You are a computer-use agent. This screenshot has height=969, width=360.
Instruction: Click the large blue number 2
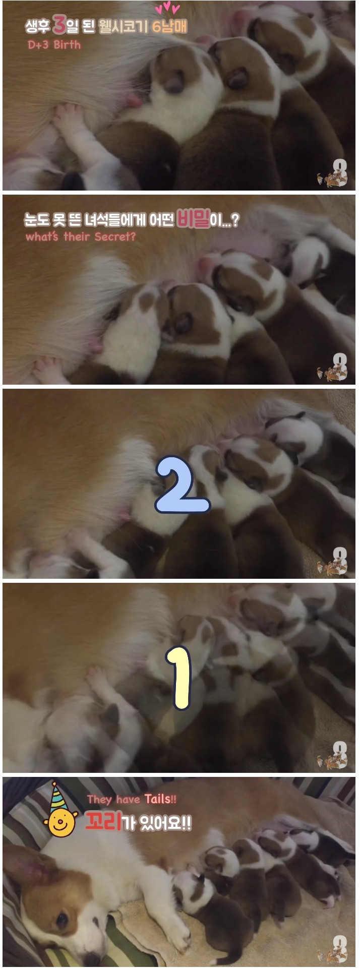pyautogui.click(x=182, y=485)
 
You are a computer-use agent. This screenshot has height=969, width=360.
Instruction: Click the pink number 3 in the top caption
pyautogui.click(x=59, y=24)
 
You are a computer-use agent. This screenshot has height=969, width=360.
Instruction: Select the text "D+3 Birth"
pyautogui.click(x=54, y=44)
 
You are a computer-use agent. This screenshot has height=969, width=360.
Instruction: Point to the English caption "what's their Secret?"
pyautogui.click(x=81, y=236)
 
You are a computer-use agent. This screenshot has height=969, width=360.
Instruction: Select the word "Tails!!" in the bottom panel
pyautogui.click(x=160, y=799)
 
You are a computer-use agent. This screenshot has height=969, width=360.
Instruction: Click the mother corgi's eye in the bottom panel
pyautogui.click(x=62, y=919)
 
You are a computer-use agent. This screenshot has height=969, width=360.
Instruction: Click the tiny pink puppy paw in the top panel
pyautogui.click(x=65, y=113)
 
